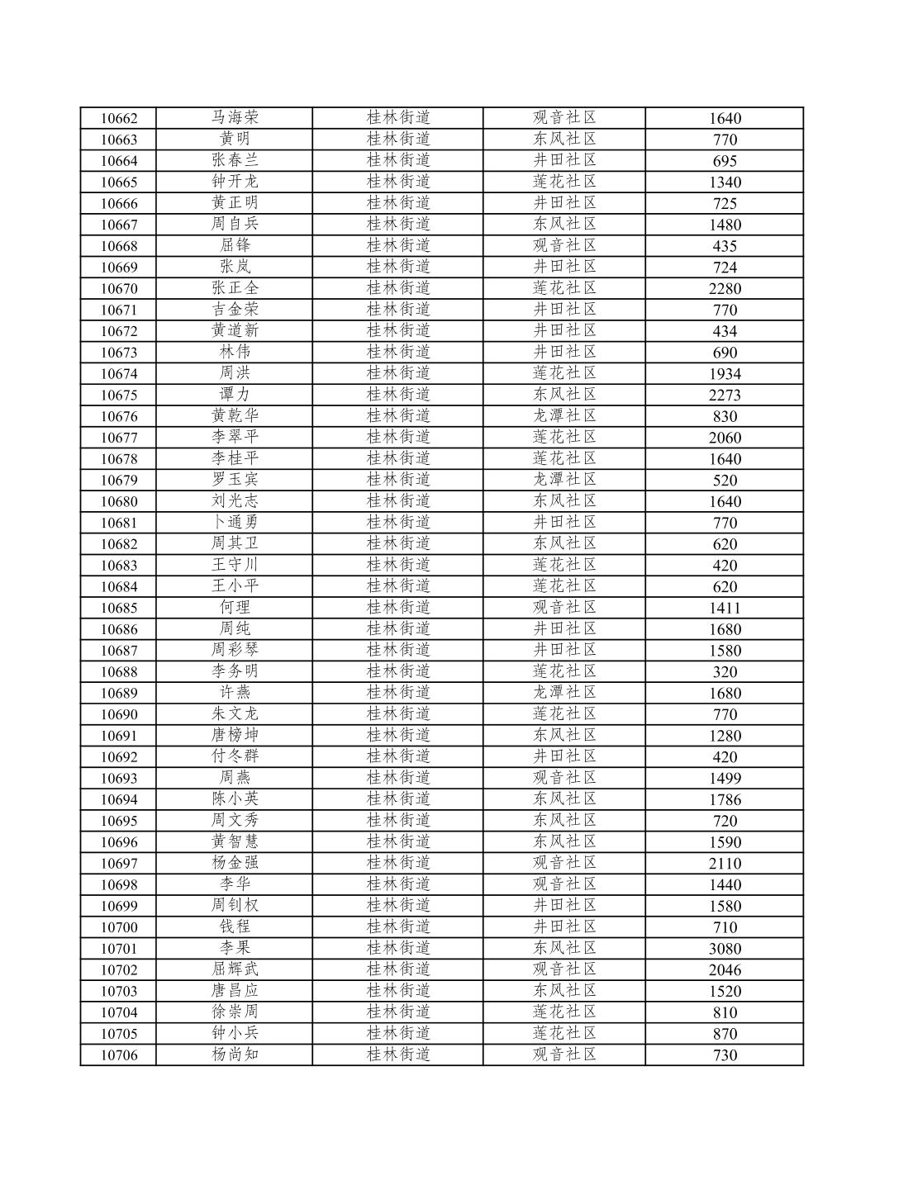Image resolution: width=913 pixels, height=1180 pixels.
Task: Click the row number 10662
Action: click(x=119, y=118)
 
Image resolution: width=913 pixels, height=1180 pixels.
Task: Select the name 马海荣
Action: click(x=235, y=118)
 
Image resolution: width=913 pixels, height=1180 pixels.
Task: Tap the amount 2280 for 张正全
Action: click(x=725, y=288)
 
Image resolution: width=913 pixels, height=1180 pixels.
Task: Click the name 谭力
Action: click(x=235, y=395)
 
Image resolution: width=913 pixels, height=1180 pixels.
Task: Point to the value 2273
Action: click(x=725, y=395)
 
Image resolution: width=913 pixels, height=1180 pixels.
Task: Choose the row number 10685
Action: click(x=119, y=608)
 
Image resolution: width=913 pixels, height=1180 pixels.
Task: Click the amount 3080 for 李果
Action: click(x=725, y=949)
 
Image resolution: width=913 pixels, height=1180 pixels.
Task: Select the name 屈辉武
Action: click(x=235, y=969)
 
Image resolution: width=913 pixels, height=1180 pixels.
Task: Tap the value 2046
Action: click(x=725, y=969)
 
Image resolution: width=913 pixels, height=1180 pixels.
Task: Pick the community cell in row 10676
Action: click(x=564, y=416)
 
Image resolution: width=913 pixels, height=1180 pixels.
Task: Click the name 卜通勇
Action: click(x=235, y=523)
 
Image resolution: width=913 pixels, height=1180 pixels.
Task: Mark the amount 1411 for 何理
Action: click(x=725, y=608)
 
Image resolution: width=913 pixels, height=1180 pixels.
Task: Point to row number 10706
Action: click(x=119, y=1054)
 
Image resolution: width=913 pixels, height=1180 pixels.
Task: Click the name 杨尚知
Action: click(x=235, y=1054)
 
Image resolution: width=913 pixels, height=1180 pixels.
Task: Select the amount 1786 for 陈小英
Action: click(x=725, y=799)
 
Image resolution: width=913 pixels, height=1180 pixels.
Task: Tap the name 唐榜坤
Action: click(x=235, y=736)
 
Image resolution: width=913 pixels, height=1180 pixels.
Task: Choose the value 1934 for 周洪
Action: click(x=725, y=373)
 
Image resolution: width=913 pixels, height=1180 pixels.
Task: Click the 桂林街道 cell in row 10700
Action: click(x=398, y=927)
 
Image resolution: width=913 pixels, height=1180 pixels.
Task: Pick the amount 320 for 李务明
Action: click(x=725, y=671)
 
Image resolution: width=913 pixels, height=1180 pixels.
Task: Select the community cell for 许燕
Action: click(x=564, y=693)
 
